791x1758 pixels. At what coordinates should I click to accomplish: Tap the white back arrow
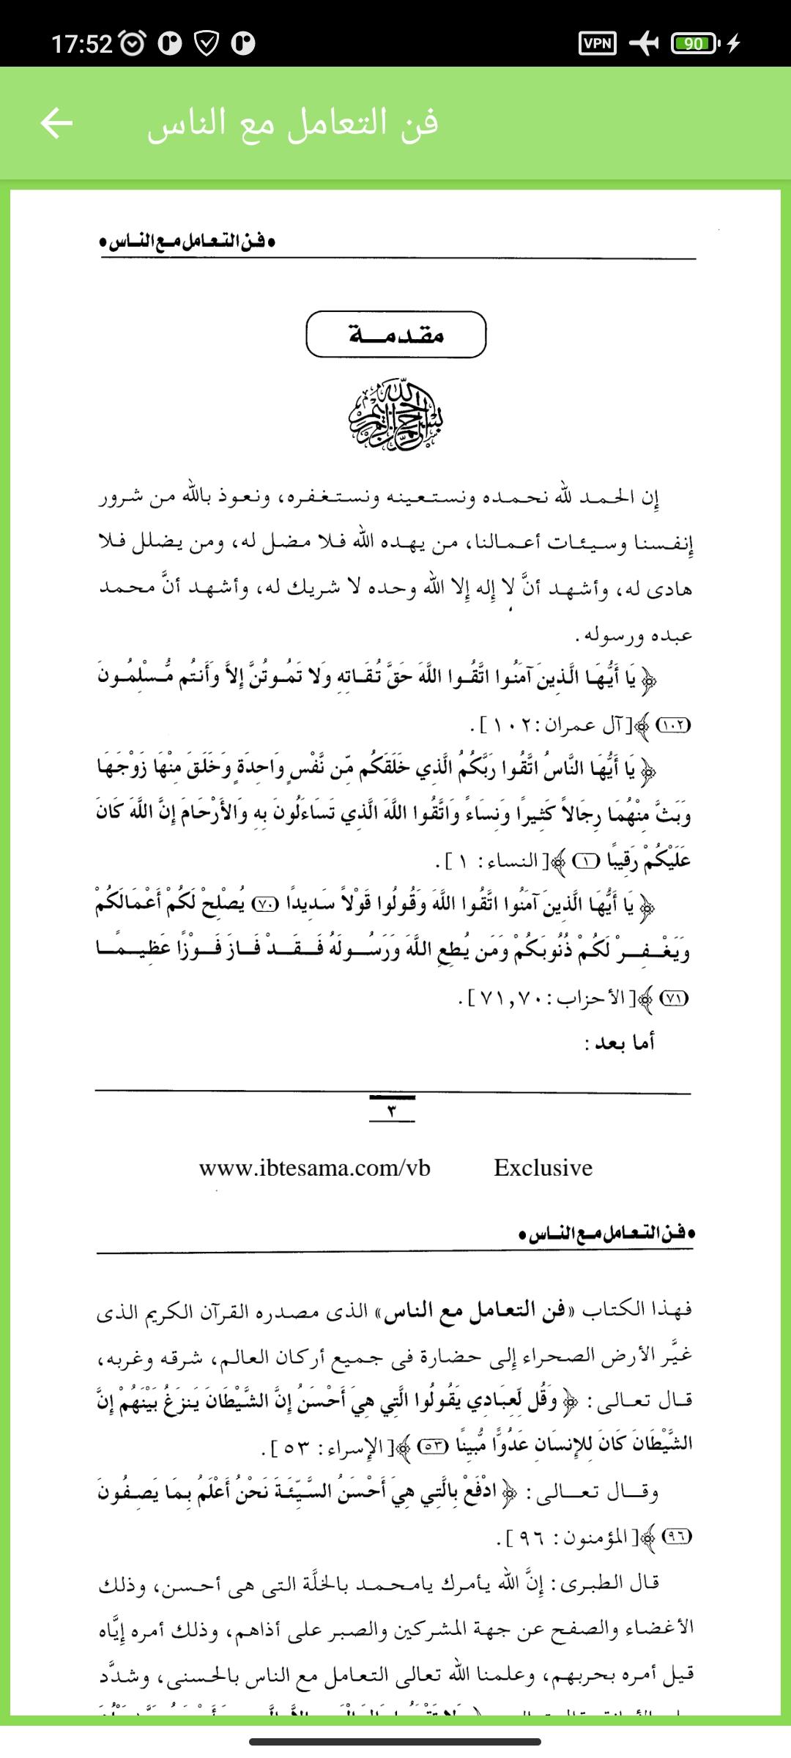point(56,123)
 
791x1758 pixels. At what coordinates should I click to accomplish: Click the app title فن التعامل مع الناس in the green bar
point(293,123)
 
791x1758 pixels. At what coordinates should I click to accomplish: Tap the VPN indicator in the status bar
point(598,44)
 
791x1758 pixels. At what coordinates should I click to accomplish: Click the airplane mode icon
point(643,44)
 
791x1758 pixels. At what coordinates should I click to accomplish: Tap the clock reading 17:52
point(82,44)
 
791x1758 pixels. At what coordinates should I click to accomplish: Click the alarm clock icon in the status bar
point(132,44)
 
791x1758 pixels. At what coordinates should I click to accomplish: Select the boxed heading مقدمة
point(395,335)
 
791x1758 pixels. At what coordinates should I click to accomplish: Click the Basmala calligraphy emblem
point(395,415)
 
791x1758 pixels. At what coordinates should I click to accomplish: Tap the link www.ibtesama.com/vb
point(314,1167)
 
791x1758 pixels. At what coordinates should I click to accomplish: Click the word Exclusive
point(543,1167)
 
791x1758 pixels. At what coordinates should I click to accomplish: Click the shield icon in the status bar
point(207,44)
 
